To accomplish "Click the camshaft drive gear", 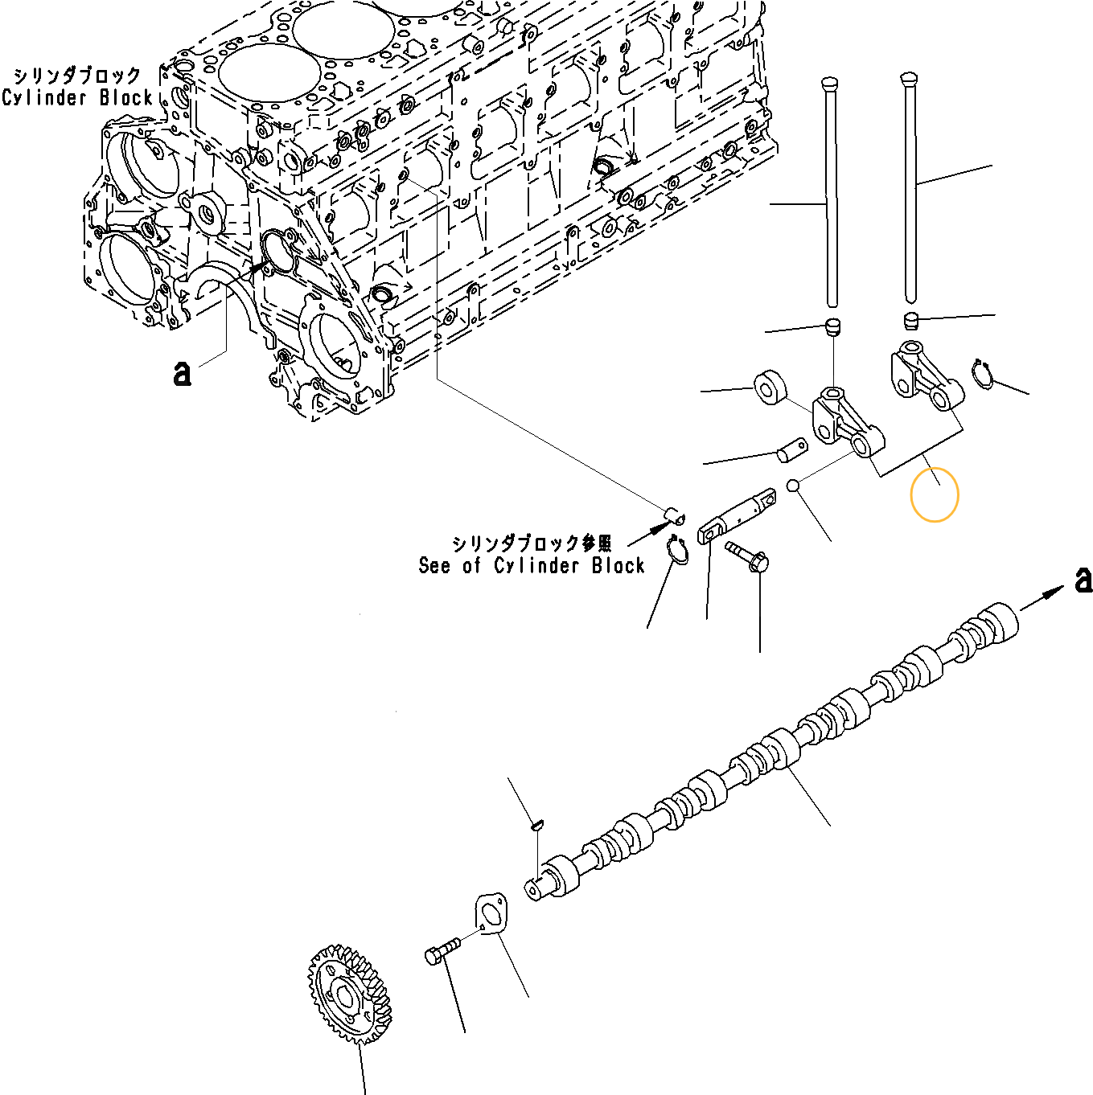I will [x=348, y=995].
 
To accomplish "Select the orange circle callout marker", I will [x=934, y=495].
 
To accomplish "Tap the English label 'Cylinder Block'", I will [x=77, y=98].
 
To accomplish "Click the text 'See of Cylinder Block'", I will [x=531, y=565].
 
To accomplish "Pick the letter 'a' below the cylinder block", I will [x=183, y=373].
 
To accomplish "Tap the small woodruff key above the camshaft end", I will [x=538, y=823].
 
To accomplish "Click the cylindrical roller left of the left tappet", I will [x=770, y=388].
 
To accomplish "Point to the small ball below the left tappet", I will [x=793, y=486].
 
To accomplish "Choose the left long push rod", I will [x=831, y=193].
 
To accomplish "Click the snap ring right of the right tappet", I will [x=982, y=374].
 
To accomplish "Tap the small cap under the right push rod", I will [x=910, y=320].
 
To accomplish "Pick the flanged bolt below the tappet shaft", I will [x=747, y=556].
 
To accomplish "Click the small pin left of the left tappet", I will [x=791, y=449].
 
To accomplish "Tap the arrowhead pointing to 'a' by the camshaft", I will [x=1054, y=593].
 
